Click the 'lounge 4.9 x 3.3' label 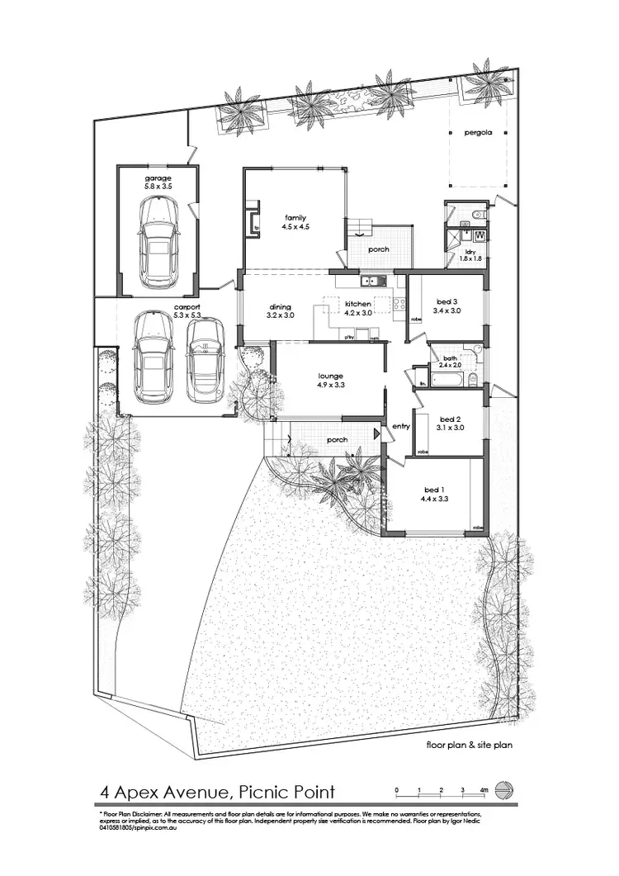pyautogui.click(x=330, y=381)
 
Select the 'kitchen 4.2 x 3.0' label pyautogui.click(x=358, y=309)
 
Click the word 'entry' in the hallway pyautogui.click(x=401, y=426)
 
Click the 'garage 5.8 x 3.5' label pyautogui.click(x=158, y=183)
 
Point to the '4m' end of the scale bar pyautogui.click(x=484, y=791)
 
